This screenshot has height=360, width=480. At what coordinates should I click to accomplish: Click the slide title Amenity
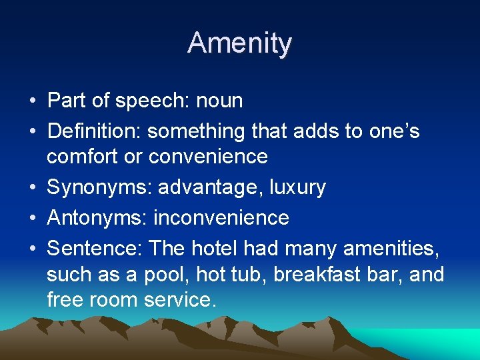[x=240, y=43]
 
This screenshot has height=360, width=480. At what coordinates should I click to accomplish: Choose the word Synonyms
[x=99, y=187]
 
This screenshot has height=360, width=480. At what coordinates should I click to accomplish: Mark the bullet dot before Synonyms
[x=32, y=188]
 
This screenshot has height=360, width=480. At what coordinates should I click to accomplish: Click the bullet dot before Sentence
[x=32, y=249]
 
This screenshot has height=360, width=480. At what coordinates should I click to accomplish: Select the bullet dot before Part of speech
[x=32, y=101]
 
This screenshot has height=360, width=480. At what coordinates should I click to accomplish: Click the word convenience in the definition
[x=208, y=157]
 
